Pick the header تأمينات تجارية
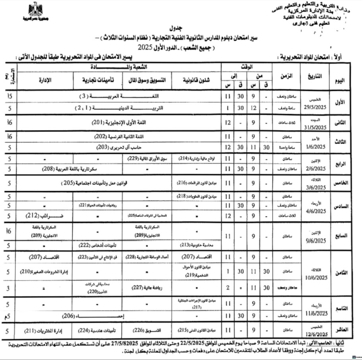[99, 81]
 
